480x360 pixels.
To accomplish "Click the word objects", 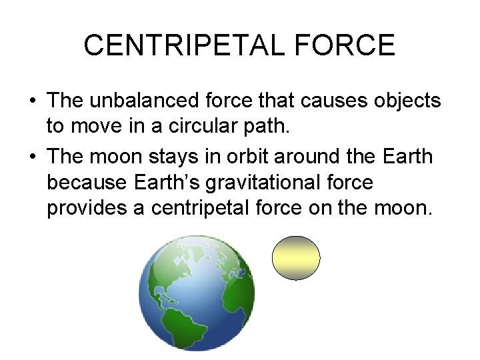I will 405,101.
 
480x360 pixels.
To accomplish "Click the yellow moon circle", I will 296,257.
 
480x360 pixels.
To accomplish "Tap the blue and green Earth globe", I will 196,293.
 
